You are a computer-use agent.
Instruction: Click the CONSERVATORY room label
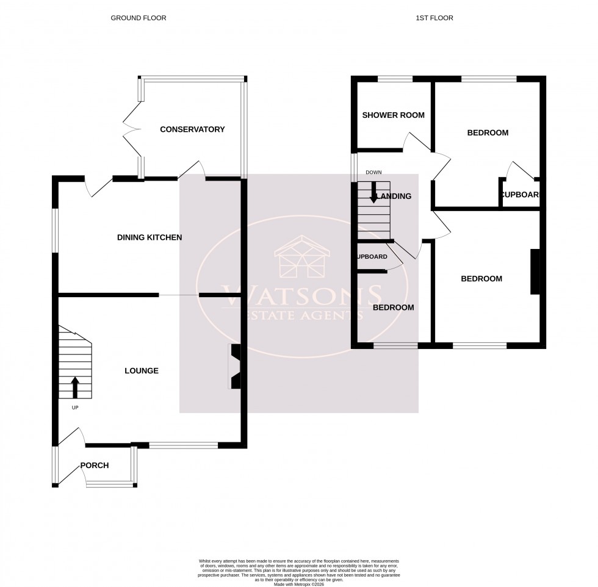(x=192, y=129)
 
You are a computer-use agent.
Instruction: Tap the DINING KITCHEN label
(x=149, y=237)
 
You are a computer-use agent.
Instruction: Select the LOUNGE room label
(x=142, y=370)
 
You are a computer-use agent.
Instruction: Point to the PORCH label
(x=95, y=466)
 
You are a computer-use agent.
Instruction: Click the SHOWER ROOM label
(x=393, y=115)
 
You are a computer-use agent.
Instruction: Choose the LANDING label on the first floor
(x=394, y=196)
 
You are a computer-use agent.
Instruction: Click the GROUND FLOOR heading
(x=138, y=18)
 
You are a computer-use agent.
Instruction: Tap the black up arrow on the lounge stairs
(x=75, y=387)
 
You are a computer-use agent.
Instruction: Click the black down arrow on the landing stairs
(x=373, y=192)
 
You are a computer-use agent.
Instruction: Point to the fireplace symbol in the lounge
(x=234, y=366)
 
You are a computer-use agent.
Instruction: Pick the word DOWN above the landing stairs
(x=373, y=173)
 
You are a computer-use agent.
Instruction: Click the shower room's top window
(x=395, y=79)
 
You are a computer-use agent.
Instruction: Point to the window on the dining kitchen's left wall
(x=54, y=231)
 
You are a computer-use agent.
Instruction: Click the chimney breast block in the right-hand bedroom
(x=535, y=272)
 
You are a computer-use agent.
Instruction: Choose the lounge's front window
(x=183, y=445)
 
